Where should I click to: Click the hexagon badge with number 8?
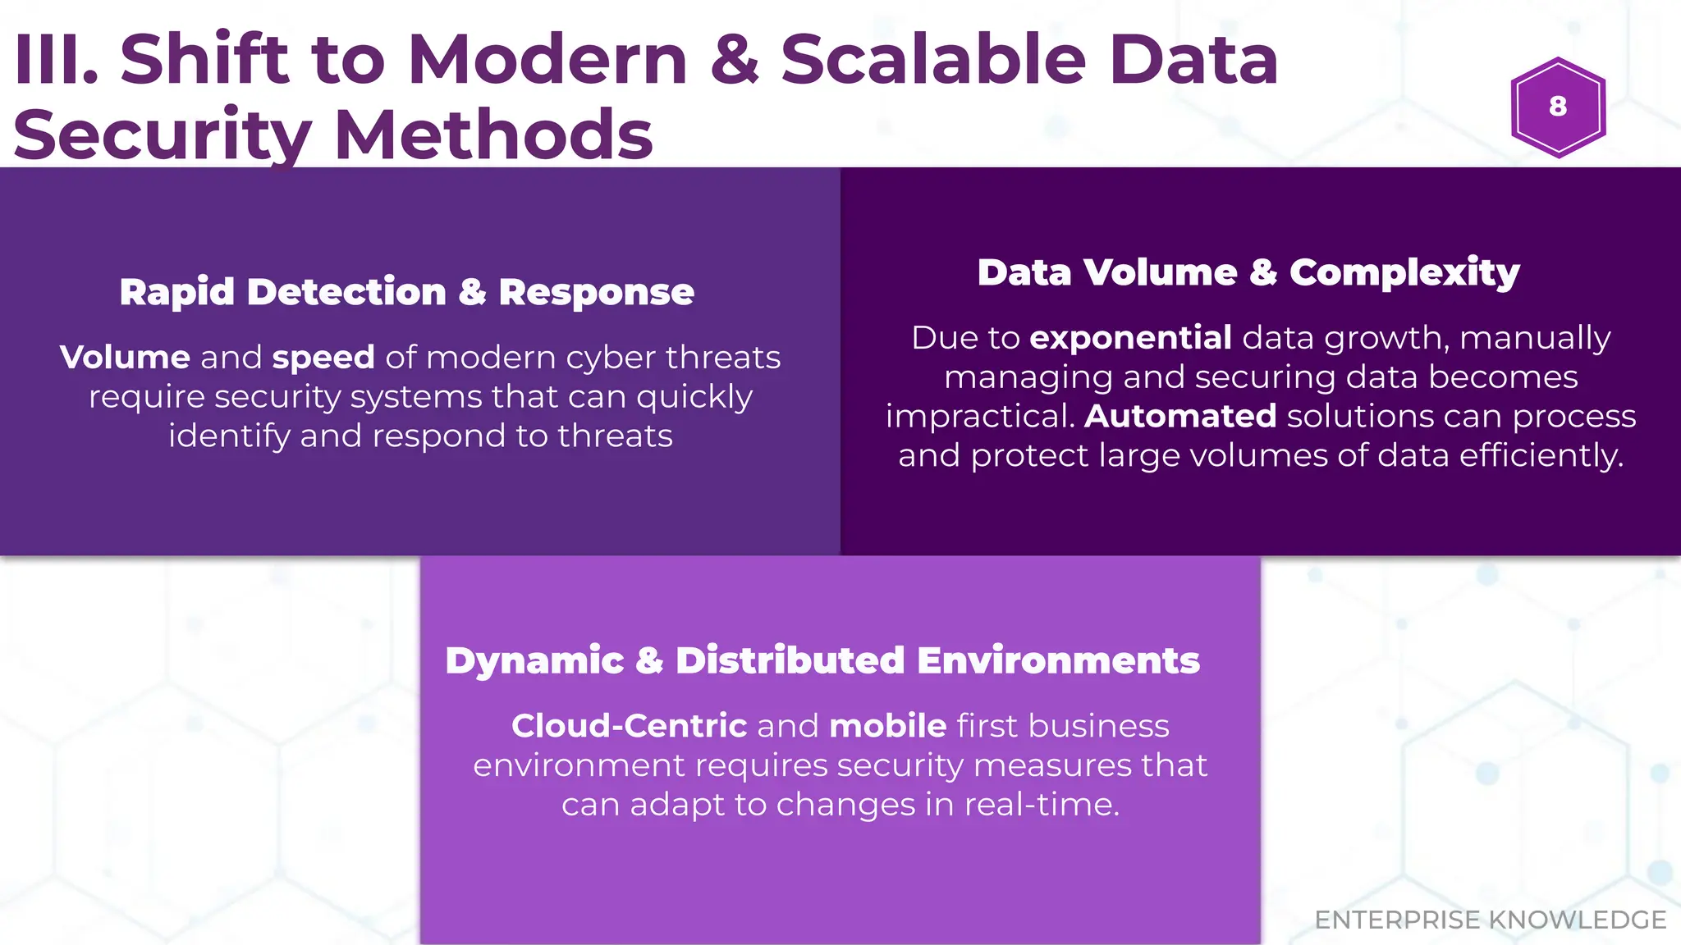click(1557, 107)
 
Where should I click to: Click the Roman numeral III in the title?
click(54, 59)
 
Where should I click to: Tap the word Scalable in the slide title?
click(933, 59)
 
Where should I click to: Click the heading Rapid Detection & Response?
click(406, 292)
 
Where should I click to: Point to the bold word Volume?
click(125, 358)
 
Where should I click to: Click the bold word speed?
click(323, 358)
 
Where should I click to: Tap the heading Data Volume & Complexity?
click(1248, 272)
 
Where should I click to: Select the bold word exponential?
click(1130, 338)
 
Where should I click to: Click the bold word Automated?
click(1180, 417)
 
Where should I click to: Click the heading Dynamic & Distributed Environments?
click(822, 660)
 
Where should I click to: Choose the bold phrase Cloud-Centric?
click(629, 726)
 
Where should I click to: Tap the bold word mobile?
click(888, 726)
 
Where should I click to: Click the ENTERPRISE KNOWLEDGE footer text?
click(1490, 920)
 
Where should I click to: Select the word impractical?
click(980, 417)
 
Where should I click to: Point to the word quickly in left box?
click(694, 398)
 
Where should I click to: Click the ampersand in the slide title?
click(734, 59)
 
